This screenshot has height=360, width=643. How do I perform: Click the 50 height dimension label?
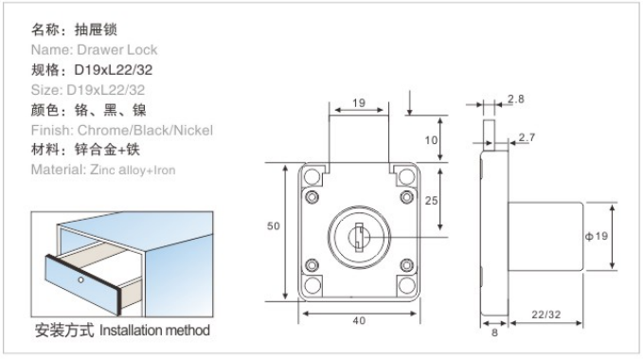point(273,225)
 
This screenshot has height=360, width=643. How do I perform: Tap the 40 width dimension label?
point(359,320)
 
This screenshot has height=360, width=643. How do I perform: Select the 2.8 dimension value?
point(515,99)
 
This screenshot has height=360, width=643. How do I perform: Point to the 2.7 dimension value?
point(527,137)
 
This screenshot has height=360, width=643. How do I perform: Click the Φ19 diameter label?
point(597,236)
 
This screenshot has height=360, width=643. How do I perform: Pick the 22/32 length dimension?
point(545,315)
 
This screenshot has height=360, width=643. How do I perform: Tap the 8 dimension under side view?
point(494,333)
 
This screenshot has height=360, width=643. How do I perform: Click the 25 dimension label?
point(432,201)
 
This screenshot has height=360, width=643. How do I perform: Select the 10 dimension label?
point(431,140)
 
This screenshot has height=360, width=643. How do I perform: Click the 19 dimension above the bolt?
point(359,103)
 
